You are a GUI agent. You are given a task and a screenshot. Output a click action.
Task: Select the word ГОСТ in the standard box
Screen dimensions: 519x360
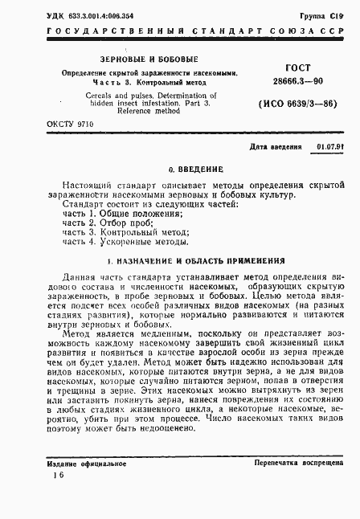297,68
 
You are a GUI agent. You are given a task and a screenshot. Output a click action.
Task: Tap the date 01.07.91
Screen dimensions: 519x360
328,148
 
